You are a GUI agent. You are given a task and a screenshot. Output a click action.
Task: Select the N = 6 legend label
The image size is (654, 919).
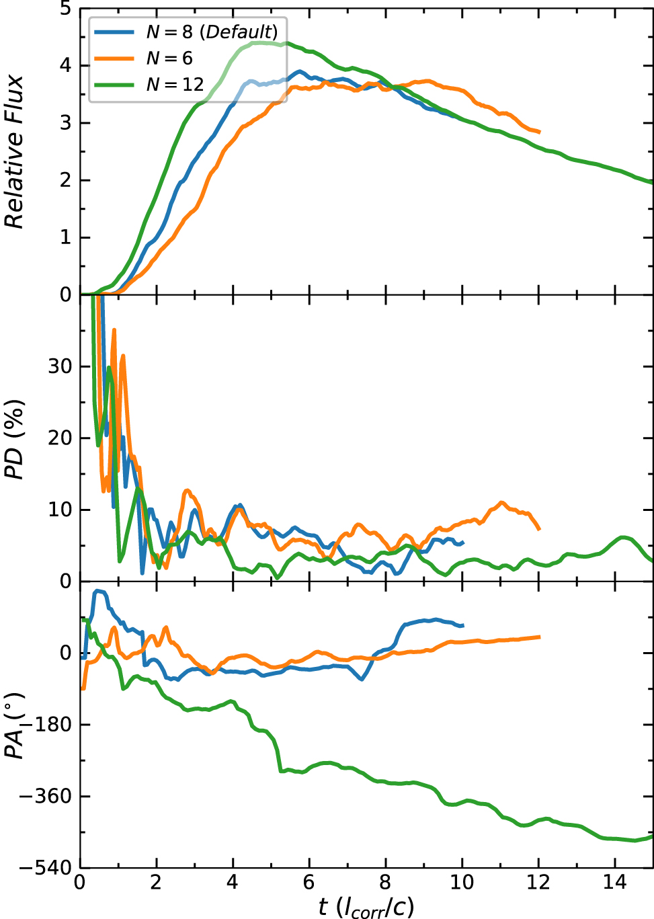pyautogui.click(x=169, y=58)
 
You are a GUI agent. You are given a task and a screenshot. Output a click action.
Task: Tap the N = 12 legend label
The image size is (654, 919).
pyautogui.click(x=175, y=84)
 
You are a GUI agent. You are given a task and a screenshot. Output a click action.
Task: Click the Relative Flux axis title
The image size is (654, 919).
pyautogui.click(x=15, y=152)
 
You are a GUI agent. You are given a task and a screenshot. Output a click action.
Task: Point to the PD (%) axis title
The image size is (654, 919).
pyautogui.click(x=15, y=439)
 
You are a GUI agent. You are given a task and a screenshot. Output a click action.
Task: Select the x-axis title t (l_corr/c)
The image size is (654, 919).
pyautogui.click(x=366, y=907)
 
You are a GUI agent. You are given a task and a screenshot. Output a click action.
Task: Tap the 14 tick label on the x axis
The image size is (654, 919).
pyautogui.click(x=614, y=882)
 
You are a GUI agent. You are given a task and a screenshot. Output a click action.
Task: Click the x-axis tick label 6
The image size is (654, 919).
pyautogui.click(x=309, y=882)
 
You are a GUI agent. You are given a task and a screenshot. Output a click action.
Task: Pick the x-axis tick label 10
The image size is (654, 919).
pyautogui.click(x=462, y=882)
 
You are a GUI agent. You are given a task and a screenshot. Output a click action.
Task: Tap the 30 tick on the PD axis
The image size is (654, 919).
pyautogui.click(x=59, y=366)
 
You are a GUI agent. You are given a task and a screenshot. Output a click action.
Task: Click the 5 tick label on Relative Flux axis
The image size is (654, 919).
pyautogui.click(x=65, y=9)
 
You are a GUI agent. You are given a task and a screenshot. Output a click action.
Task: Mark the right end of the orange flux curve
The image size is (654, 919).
pyautogui.click(x=539, y=132)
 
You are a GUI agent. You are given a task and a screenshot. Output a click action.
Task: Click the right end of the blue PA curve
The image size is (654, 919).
pyautogui.click(x=462, y=625)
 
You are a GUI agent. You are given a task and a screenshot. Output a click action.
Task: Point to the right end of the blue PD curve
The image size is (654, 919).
pyautogui.click(x=462, y=542)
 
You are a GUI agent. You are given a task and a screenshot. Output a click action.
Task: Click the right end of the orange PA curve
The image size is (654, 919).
pyautogui.click(x=539, y=637)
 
